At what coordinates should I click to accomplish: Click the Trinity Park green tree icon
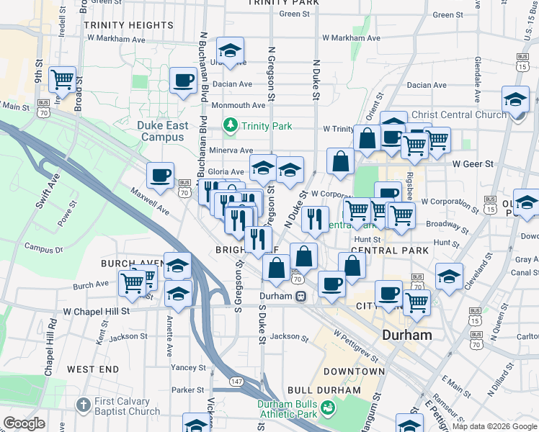[231, 126]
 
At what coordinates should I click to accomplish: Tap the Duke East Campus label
[162, 131]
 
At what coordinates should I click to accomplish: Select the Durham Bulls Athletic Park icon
[329, 408]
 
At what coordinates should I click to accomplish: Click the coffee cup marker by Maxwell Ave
[160, 174]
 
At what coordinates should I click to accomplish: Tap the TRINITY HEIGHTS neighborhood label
[128, 25]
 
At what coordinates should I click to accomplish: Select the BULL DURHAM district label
[323, 390]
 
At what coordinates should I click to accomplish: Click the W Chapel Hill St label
[96, 311]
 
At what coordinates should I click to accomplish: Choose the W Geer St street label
[473, 164]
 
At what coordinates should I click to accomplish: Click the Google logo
[24, 423]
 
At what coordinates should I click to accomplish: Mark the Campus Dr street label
[44, 248]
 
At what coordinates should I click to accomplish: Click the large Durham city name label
[407, 335]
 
